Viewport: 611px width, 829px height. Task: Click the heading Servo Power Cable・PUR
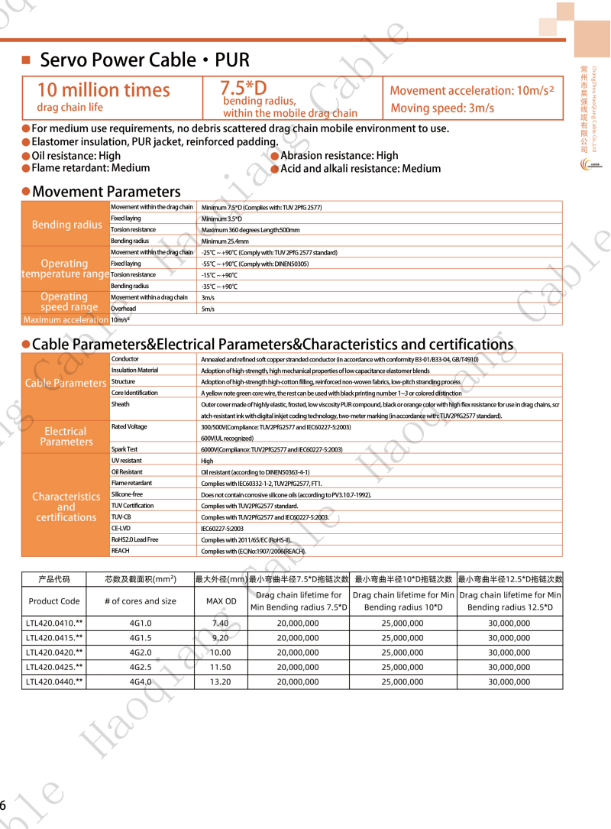[144, 60]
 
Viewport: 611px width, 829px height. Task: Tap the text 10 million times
[103, 90]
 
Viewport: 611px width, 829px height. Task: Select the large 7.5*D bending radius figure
[244, 87]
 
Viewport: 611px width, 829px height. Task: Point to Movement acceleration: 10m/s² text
[471, 90]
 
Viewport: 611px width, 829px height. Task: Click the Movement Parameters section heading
[106, 192]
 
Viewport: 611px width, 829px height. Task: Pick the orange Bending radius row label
[66, 225]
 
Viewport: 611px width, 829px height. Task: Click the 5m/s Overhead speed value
[208, 309]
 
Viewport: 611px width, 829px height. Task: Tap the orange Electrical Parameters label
[66, 437]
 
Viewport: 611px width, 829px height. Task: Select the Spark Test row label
[124, 449]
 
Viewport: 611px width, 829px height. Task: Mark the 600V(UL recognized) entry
[227, 439]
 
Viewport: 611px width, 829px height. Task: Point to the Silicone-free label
[127, 494]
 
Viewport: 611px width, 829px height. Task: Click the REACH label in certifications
[120, 551]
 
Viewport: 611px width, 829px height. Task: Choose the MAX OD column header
[221, 601]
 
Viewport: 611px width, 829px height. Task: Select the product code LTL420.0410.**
[54, 623]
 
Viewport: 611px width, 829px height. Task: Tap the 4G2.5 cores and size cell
[141, 667]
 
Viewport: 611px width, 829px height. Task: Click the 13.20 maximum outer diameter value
[221, 682]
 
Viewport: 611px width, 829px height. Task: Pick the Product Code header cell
[54, 601]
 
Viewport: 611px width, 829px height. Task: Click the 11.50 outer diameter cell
[221, 667]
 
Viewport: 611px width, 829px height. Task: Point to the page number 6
[4, 805]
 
